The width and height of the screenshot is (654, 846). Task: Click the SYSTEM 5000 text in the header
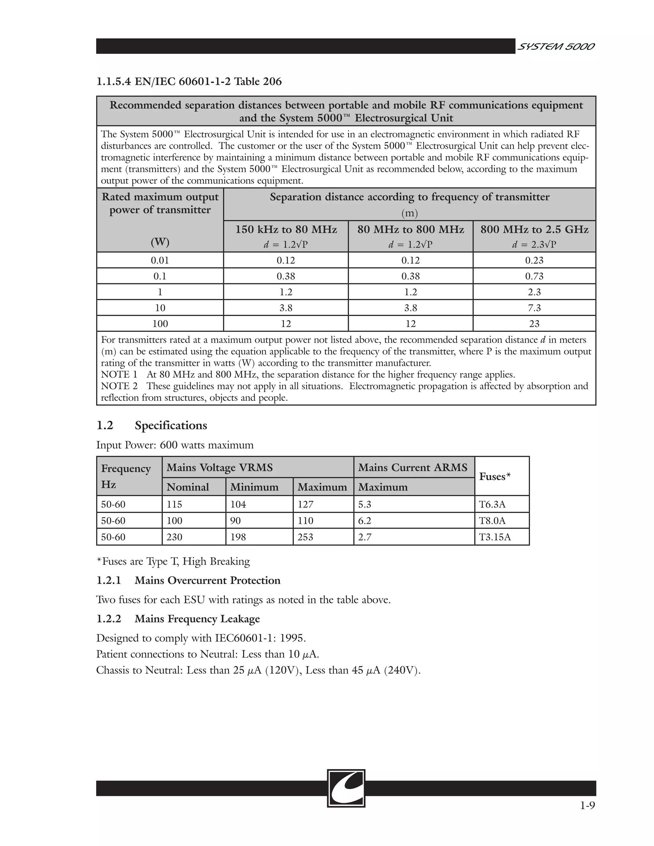tap(556, 47)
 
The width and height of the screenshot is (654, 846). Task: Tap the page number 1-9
tap(587, 806)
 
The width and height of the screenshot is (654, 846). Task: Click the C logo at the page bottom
tap(346, 788)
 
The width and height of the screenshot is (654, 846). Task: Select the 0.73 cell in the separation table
tap(534, 276)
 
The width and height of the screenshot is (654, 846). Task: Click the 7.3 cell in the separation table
tap(534, 308)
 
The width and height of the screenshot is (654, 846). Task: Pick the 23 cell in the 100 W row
tap(534, 324)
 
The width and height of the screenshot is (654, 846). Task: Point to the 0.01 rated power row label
tap(160, 260)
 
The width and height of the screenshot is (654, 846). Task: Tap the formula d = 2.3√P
tap(534, 245)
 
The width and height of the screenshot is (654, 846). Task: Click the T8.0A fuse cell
tap(492, 521)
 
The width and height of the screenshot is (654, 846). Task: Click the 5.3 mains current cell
tap(365, 504)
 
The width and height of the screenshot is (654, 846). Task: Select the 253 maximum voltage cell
tap(305, 537)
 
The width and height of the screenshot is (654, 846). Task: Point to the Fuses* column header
tap(495, 476)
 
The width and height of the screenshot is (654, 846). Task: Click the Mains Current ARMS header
tap(413, 468)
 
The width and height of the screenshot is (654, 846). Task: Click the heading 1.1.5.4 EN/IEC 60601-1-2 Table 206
tap(189, 82)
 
